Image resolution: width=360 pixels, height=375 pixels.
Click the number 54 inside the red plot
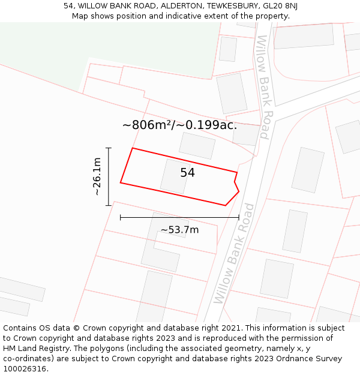(187, 173)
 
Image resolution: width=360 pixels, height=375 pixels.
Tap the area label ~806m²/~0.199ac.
(179, 125)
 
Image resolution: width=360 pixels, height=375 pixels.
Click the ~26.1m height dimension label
(97, 176)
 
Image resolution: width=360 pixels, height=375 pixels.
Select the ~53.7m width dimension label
(179, 230)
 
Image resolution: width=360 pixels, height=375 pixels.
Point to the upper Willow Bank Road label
(263, 87)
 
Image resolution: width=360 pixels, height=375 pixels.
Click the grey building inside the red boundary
(175, 176)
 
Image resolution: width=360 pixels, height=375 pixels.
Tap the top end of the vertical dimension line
(109, 148)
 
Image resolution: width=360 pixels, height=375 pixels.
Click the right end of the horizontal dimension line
(239, 217)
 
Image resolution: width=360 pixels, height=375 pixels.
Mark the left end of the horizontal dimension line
(121, 217)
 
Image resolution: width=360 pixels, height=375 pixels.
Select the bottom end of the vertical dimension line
(109, 205)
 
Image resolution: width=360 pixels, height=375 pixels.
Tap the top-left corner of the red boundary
(133, 148)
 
